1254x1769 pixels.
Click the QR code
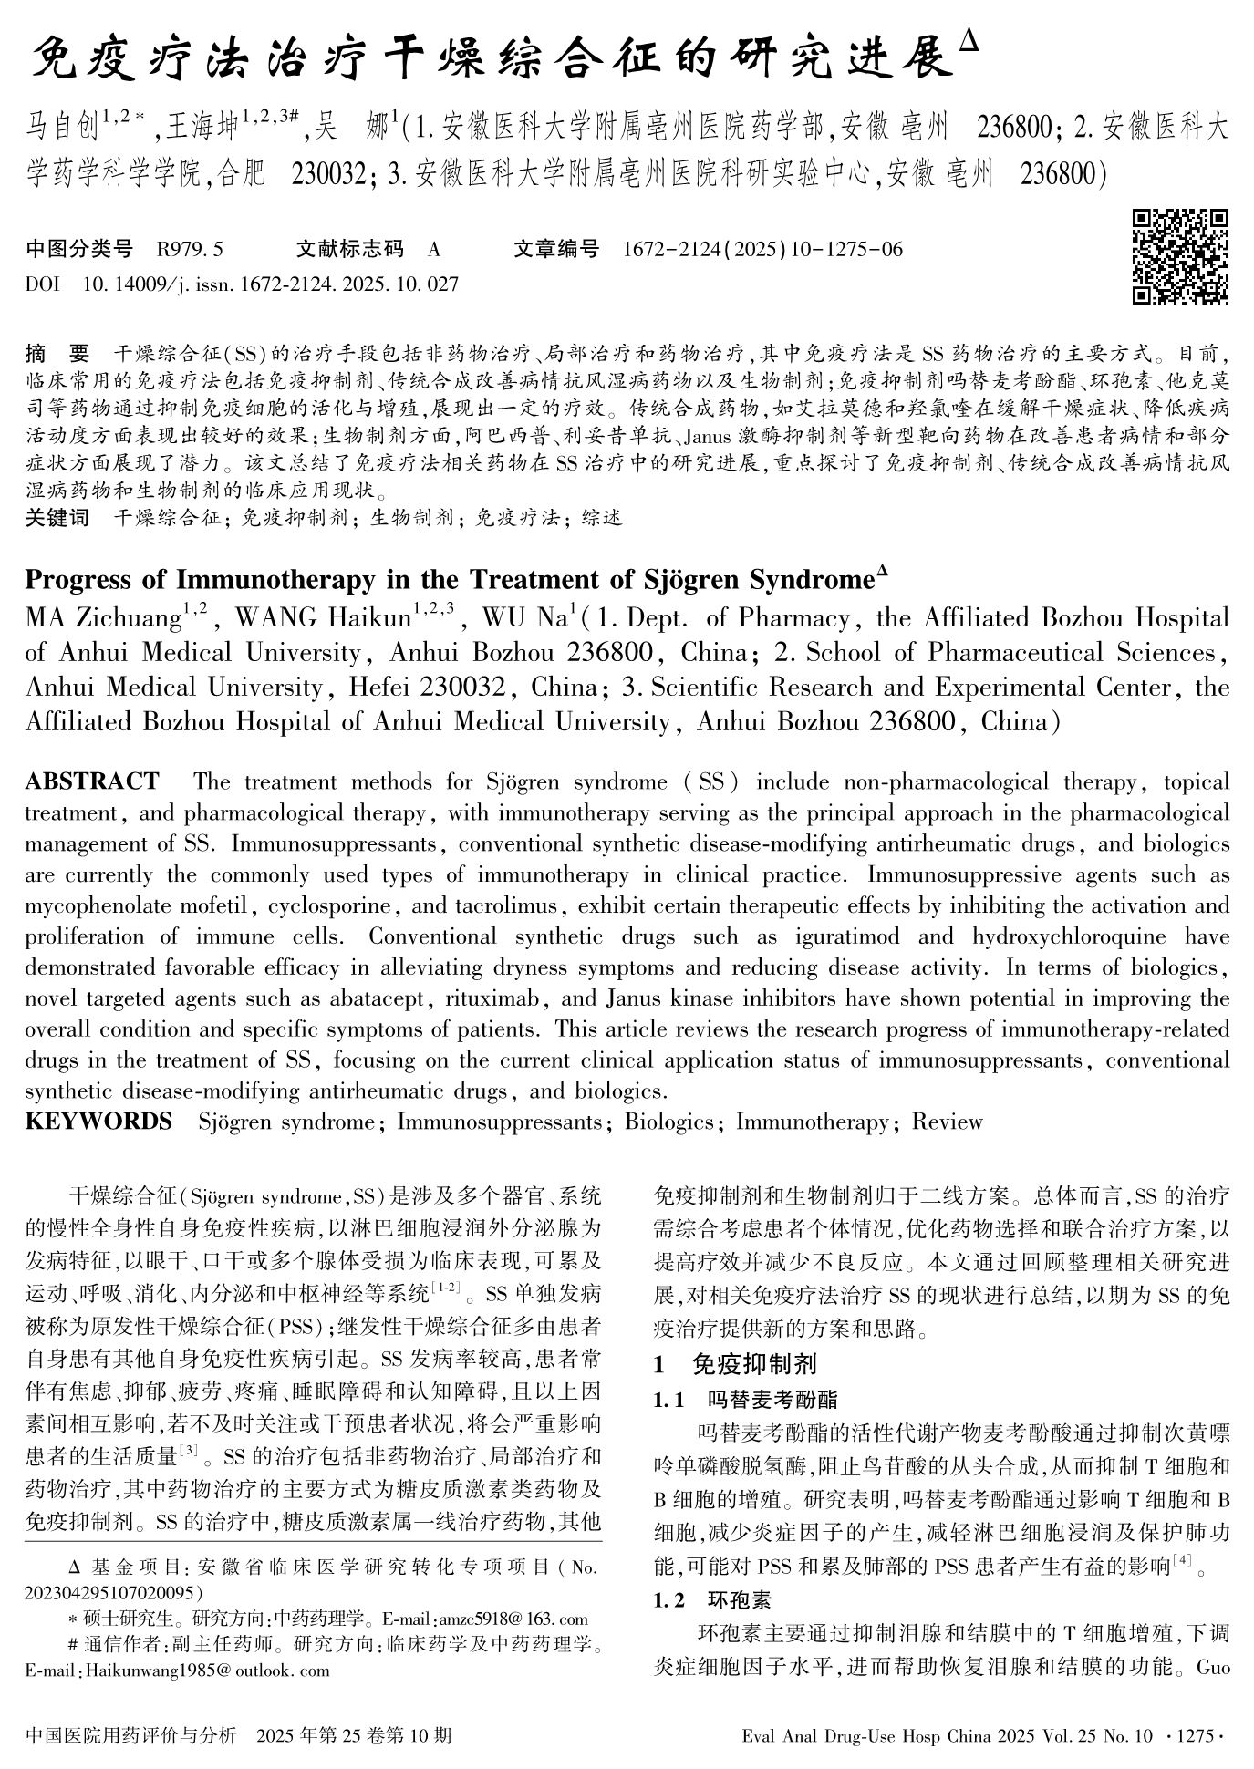pos(1180,257)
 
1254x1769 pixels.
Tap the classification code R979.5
pos(190,249)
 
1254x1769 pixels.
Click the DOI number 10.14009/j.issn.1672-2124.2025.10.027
pos(270,284)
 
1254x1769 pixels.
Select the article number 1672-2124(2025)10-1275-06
pos(762,249)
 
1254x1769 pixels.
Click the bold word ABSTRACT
pos(92,781)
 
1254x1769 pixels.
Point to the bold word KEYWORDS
pos(98,1122)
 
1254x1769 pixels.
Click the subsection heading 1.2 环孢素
pos(712,1599)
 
